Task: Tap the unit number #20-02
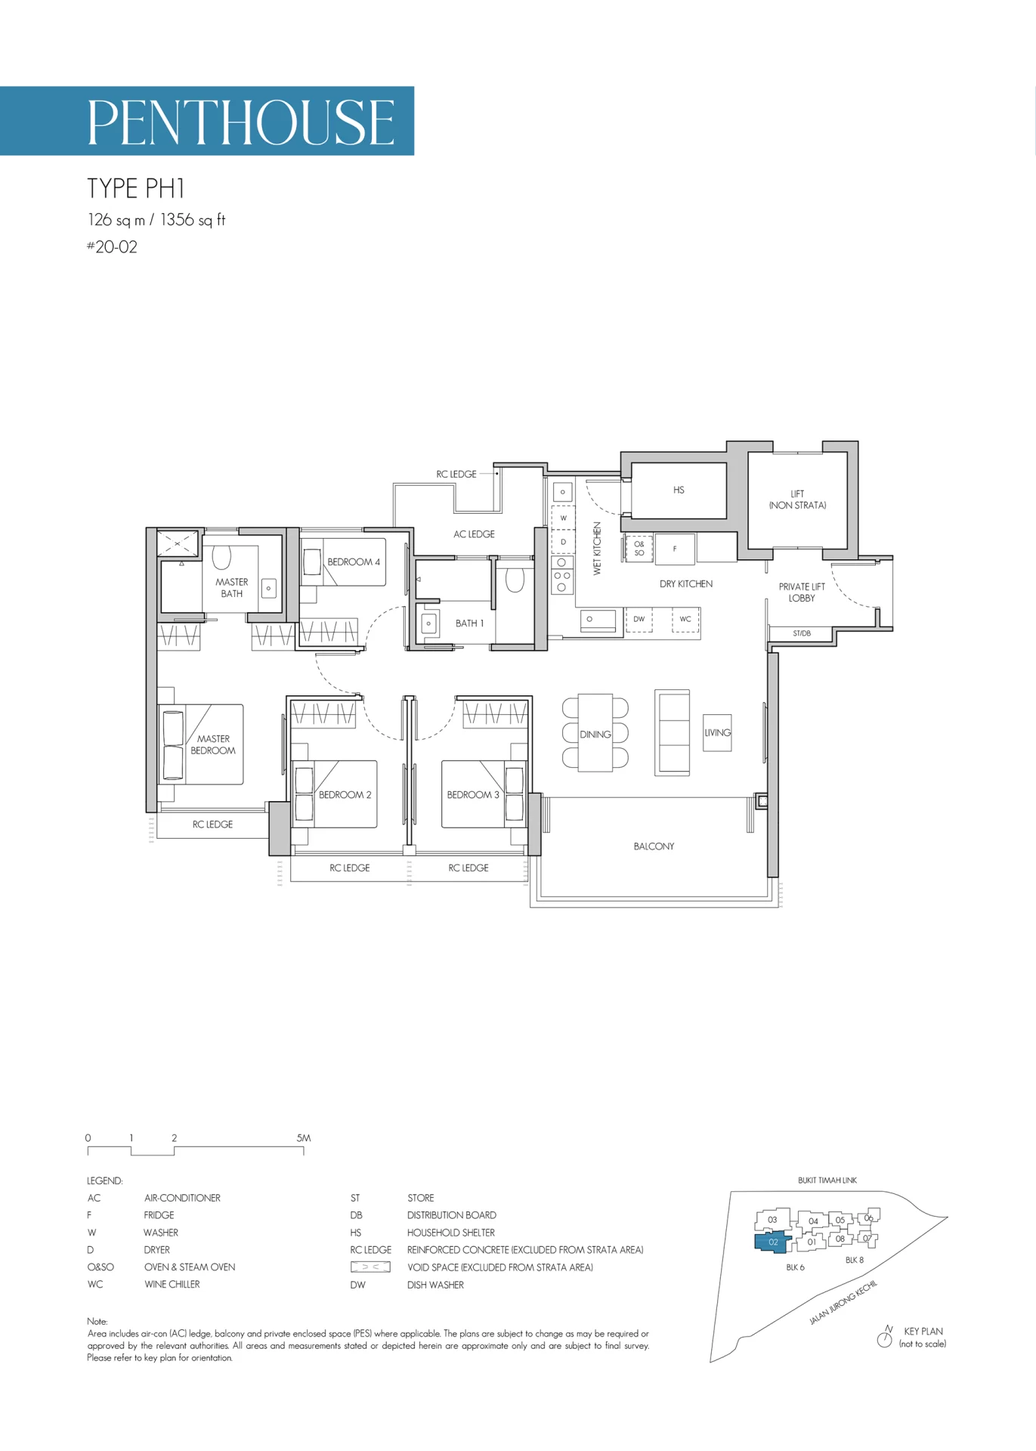pos(112,247)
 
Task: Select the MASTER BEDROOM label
pos(213,744)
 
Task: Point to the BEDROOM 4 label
pos(354,562)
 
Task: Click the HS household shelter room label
pos(679,490)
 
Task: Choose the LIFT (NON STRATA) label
pos(798,500)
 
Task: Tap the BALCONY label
pos(654,846)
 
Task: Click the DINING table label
pos(595,735)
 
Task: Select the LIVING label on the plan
pos(718,732)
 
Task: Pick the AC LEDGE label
pos(474,534)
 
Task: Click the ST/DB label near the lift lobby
pos(802,633)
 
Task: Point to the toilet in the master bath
pos(221,558)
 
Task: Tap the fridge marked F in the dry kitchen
pos(675,549)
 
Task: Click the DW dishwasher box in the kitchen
pos(639,619)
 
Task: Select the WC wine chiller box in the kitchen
pos(685,619)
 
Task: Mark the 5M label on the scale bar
pos(304,1138)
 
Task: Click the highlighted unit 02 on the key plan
pos(772,1242)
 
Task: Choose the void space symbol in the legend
pos(370,1267)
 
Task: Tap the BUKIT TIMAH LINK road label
pos(827,1180)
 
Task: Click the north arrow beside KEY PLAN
pos(885,1337)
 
